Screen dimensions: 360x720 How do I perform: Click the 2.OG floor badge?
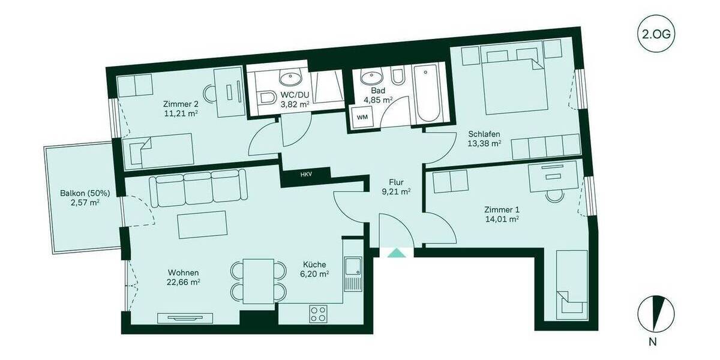(x=654, y=35)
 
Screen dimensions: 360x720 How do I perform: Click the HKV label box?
(x=304, y=175)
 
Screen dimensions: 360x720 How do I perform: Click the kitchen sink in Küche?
(x=353, y=273)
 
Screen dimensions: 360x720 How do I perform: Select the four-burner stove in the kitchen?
(x=318, y=313)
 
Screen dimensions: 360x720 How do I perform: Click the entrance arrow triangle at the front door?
(x=396, y=253)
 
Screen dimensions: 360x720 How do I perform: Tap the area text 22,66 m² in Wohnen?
(x=184, y=282)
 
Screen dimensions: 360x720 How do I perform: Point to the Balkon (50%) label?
(x=80, y=193)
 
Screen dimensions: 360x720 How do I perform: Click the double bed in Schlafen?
(x=514, y=84)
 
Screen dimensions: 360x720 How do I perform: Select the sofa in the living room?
(x=197, y=187)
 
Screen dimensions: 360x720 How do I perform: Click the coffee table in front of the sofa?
(x=202, y=225)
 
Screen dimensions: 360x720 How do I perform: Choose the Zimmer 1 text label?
(x=502, y=209)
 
